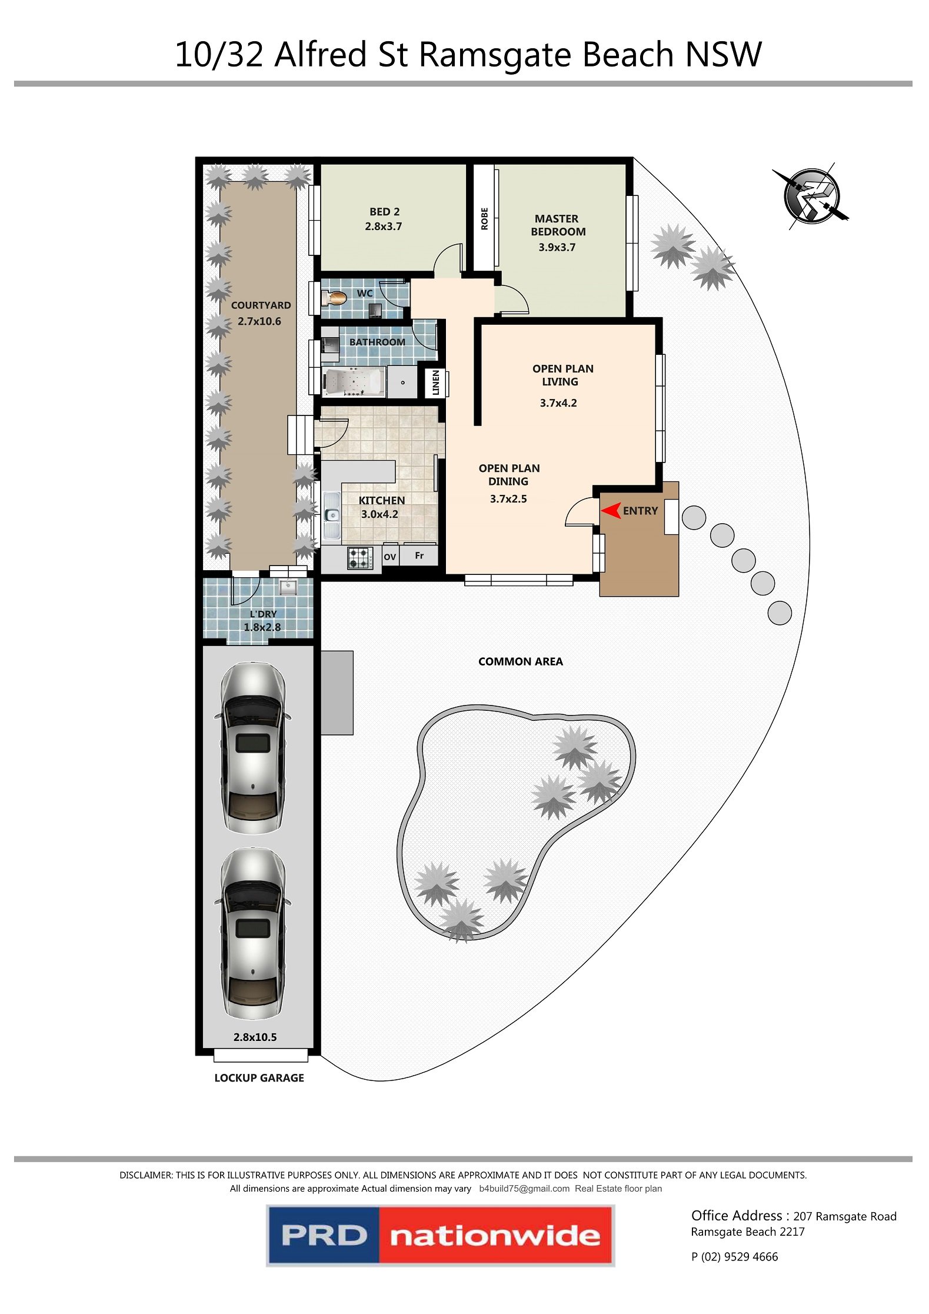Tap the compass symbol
[x=811, y=197]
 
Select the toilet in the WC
[x=334, y=298]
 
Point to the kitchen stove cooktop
[x=360, y=558]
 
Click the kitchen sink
[x=332, y=515]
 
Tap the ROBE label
[x=485, y=219]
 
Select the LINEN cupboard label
[x=436, y=382]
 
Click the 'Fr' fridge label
[x=419, y=555]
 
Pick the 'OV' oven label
[x=389, y=557]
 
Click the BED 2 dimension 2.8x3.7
[x=384, y=227]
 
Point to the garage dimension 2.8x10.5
[x=255, y=1037]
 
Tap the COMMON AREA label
[x=521, y=661]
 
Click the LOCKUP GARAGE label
[x=259, y=1078]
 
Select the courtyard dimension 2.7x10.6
[x=259, y=321]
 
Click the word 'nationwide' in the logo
[x=495, y=1236]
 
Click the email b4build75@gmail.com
[x=524, y=1189]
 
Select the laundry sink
[x=288, y=587]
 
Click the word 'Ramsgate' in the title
[x=495, y=56]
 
